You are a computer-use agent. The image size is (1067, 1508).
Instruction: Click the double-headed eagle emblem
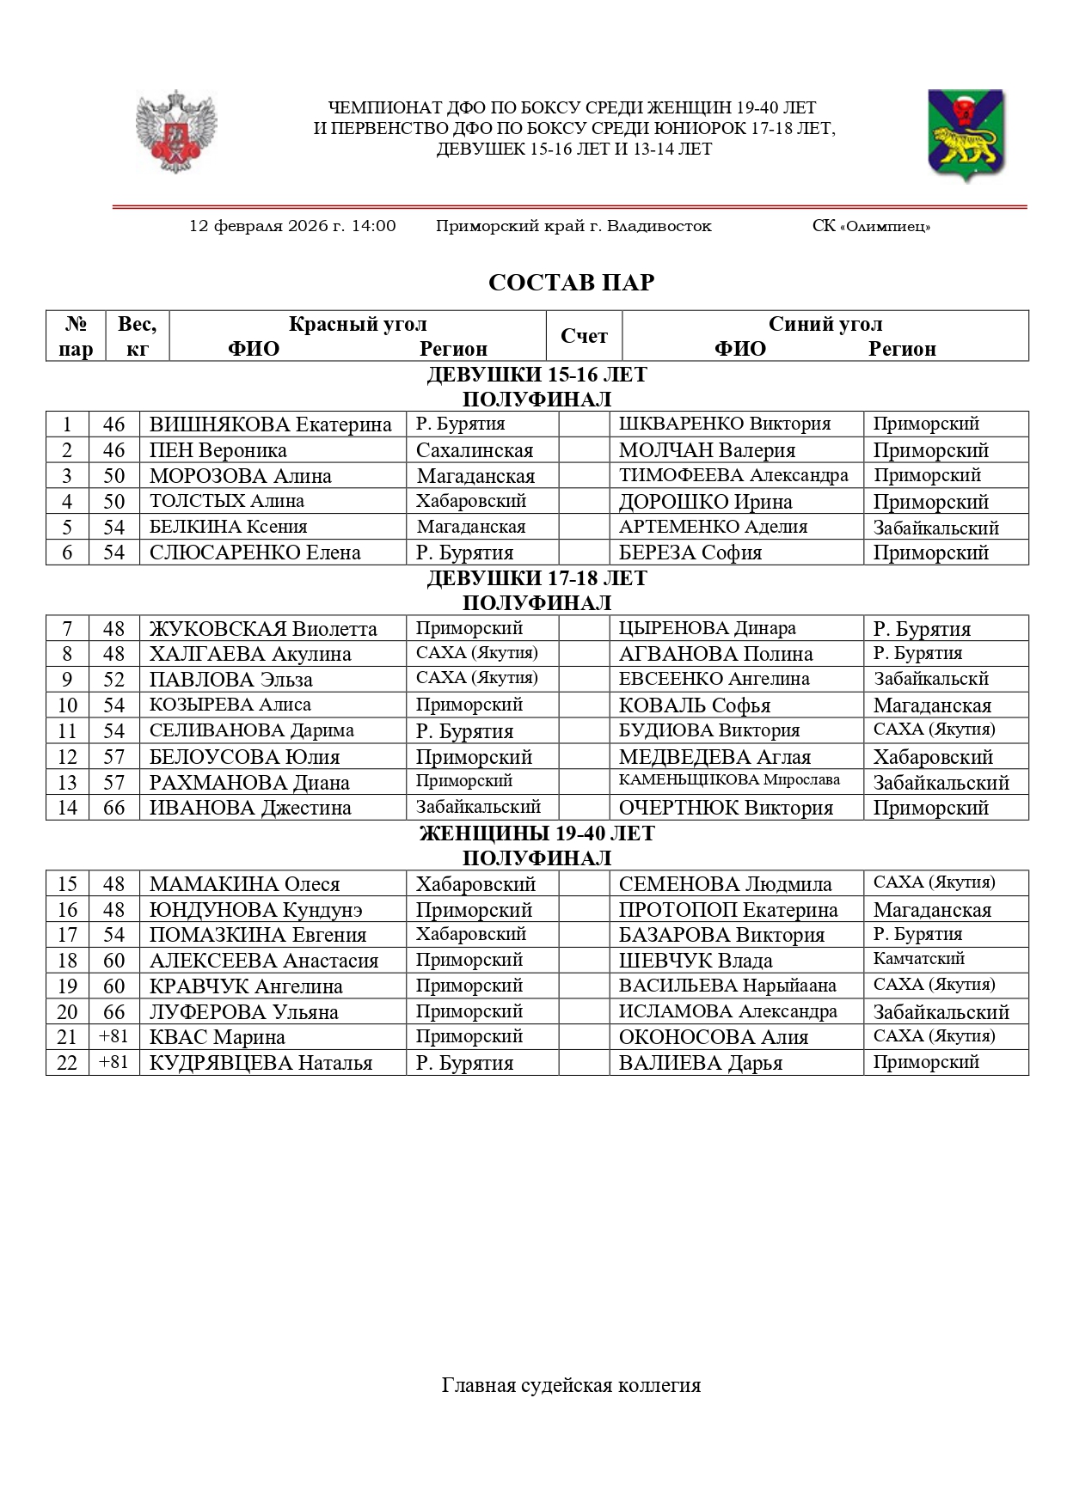point(176,131)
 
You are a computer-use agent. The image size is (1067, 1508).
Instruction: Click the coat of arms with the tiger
point(966,134)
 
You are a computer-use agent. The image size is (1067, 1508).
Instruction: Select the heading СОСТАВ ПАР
point(571,283)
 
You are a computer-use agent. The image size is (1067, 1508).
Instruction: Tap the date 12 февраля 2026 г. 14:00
point(292,226)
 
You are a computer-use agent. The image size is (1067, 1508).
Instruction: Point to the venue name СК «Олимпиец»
point(871,227)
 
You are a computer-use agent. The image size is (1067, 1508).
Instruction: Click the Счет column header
point(584,336)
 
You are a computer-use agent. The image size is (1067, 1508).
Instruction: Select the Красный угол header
point(358,324)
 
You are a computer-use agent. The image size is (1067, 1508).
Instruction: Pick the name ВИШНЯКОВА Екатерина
point(270,424)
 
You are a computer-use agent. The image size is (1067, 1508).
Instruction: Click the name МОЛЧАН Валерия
point(707,450)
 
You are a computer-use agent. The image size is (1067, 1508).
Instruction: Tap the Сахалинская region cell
point(475,450)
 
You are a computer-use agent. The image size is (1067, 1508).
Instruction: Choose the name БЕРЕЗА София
point(690,553)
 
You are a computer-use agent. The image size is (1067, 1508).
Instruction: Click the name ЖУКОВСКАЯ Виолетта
point(263,629)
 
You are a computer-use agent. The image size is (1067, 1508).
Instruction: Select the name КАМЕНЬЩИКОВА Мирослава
point(729,780)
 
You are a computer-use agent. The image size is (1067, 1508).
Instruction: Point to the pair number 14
point(67,808)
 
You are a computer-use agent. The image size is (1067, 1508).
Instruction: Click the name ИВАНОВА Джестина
point(250,808)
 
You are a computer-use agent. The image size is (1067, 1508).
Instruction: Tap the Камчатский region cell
point(918,959)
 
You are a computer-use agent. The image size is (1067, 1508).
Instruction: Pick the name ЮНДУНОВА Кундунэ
point(255,910)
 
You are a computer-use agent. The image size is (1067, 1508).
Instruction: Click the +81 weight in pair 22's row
point(113,1062)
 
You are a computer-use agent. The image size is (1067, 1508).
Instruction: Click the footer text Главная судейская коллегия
point(571,1385)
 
